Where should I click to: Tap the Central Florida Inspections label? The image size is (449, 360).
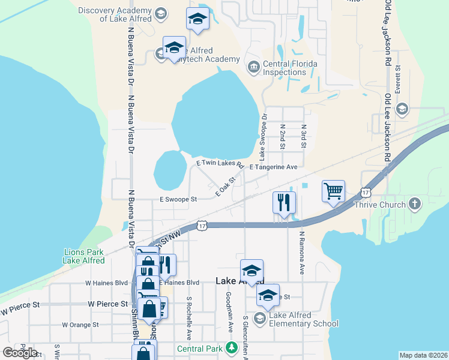coord(285,68)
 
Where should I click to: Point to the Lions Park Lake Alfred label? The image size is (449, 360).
coord(83,256)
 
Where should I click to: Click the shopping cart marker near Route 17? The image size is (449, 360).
coord(333,191)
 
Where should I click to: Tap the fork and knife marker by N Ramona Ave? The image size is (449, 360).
coord(285,202)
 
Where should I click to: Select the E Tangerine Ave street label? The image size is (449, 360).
coord(273,167)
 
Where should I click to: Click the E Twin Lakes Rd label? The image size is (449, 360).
coord(219,163)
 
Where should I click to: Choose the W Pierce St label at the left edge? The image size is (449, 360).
coord(19,308)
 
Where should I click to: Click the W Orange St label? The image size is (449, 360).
coord(80,325)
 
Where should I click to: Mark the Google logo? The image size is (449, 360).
coord(20,353)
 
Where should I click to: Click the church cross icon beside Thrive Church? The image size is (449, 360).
coord(414,205)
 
